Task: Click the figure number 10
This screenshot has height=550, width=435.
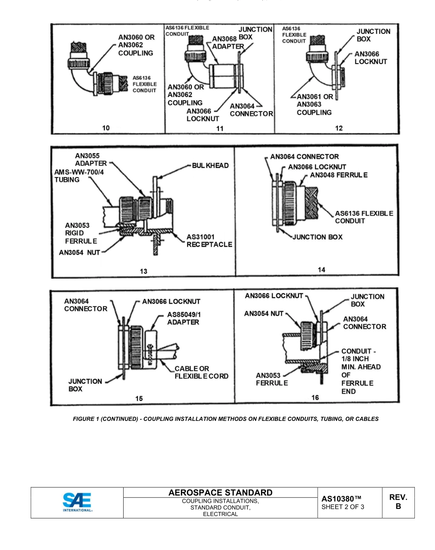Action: [106, 128]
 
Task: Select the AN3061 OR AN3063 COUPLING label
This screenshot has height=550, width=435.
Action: [315, 104]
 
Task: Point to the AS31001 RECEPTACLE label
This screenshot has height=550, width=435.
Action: [209, 241]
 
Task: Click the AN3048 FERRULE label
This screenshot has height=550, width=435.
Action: [339, 175]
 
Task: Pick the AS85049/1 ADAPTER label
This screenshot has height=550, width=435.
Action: [183, 318]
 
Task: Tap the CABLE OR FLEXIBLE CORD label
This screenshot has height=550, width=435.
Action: [201, 372]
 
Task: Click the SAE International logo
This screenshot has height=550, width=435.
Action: [77, 501]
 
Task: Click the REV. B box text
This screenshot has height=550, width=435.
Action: [398, 502]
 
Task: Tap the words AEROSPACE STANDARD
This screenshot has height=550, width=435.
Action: [220, 492]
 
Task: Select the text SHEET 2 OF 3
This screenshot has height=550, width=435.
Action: [343, 507]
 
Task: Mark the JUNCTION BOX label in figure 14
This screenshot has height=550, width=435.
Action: [317, 237]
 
